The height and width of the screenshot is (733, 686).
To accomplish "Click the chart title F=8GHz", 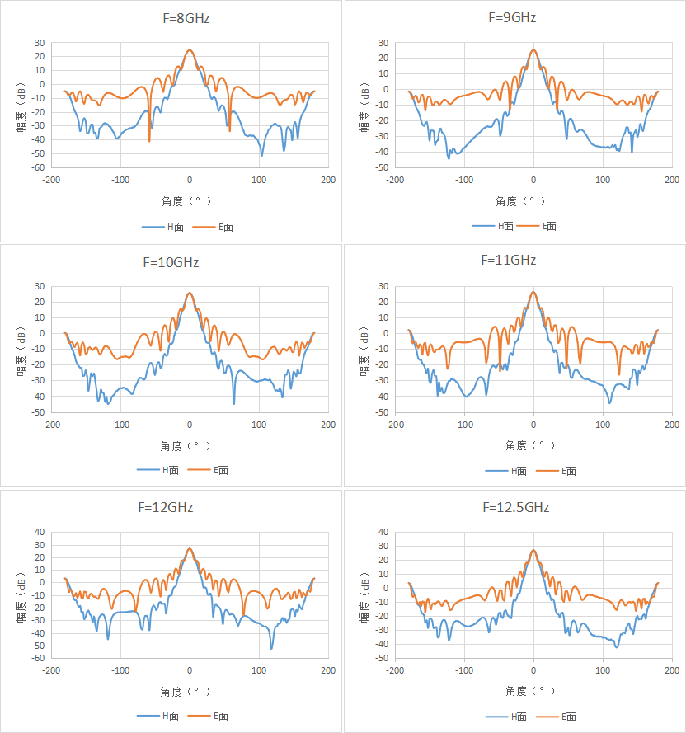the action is pos(186,18).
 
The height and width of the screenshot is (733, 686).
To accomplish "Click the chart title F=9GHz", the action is pos(512,18).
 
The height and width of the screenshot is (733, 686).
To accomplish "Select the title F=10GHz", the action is pos(171,262).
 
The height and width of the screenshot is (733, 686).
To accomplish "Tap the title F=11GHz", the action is pos(508,260).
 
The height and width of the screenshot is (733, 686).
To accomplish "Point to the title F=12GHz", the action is pos(166,507).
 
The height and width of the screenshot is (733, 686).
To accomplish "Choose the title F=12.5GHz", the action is pos(516,507).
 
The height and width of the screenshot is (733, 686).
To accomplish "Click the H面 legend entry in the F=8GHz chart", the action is pos(162,228).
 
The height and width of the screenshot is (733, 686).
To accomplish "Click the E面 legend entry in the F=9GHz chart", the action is pos(537,226).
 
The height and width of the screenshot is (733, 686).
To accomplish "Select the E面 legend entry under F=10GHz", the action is pos(208,470).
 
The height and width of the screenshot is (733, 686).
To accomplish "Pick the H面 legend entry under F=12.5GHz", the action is pos(506,717).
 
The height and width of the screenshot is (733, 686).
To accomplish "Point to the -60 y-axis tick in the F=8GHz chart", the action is pos(39,167).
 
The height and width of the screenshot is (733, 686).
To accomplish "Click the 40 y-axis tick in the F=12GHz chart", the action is pos(40,532).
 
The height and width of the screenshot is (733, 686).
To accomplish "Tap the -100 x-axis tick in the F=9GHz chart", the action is pos(464,180).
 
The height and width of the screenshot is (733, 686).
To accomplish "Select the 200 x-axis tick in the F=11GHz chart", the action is pos(672,425).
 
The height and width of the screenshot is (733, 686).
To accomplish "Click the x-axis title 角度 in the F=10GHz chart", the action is pos(171,446).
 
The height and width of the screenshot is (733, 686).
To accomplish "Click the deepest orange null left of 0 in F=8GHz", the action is pos(149,141).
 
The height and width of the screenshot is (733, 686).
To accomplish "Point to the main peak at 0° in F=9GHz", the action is pos(533,49).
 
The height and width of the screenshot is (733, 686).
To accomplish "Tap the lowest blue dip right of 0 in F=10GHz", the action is pos(234,404).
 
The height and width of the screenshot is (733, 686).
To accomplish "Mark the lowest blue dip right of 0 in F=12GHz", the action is pos(272,648).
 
